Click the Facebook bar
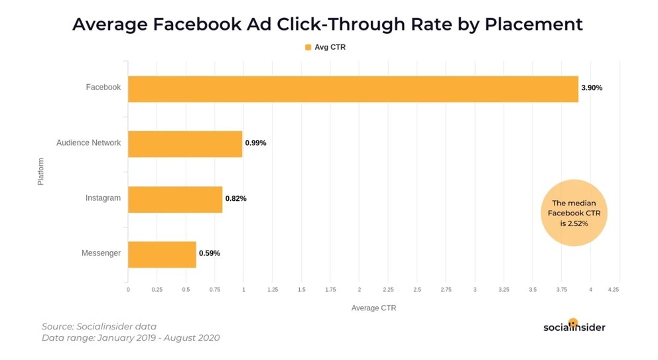353,88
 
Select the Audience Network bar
185,143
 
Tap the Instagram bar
175,199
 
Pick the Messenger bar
162,254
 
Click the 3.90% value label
592,88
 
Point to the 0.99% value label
255,143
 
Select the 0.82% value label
235,199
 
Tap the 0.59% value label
210,254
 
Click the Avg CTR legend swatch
308,47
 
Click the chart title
328,25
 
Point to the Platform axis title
40,171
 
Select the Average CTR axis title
373,308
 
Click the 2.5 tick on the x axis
417,290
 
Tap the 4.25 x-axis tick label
613,290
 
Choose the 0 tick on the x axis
128,290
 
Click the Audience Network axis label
88,143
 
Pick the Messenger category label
101,253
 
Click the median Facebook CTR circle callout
574,213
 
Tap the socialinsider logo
574,326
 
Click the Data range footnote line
130,338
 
